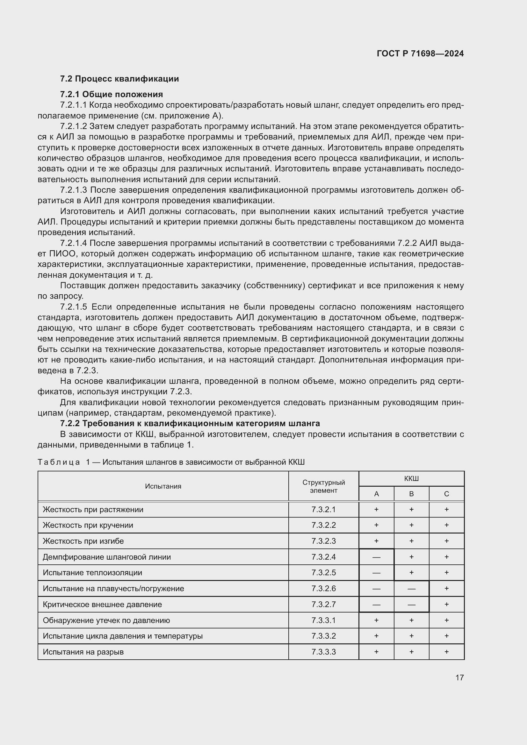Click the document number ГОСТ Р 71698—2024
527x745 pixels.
pos(420,54)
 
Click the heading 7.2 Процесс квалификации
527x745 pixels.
pos(119,79)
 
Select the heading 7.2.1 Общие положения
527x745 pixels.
pos(111,94)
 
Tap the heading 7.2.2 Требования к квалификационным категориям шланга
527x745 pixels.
pos(190,423)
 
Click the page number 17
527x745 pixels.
pos(459,677)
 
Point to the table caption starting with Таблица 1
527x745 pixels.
pos(171,462)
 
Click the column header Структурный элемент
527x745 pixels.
pos(323,486)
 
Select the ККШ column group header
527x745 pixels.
pos(411,479)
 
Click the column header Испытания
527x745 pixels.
pos(163,486)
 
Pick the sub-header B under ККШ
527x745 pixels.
pos(411,494)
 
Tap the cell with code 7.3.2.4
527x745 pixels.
pos(323,557)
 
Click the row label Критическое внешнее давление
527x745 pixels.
pos(102,605)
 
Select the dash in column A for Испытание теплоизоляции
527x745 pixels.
pos(376,573)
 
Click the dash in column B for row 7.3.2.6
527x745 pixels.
pos(411,589)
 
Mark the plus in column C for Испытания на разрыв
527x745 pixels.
pos(446,652)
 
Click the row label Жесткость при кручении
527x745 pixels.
pos(88,525)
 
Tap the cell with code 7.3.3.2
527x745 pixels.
pos(323,636)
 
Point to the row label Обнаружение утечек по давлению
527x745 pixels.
pos(106,620)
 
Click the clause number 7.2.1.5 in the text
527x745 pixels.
pos(74,307)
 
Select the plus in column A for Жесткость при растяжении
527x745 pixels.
pos(376,509)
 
